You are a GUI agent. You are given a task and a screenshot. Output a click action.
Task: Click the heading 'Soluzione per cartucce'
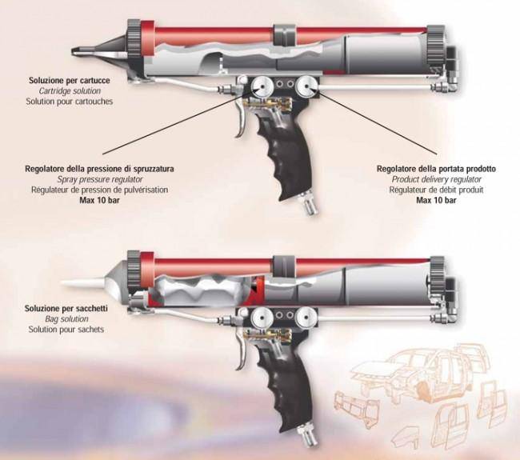coord(70,81)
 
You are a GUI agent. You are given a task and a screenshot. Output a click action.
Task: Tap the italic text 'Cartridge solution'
coord(70,91)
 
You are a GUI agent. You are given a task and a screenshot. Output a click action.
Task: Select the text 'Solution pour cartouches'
coord(70,101)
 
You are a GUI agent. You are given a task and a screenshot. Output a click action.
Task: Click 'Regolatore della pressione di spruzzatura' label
coord(99,169)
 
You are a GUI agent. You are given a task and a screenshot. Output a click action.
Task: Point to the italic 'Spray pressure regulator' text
coord(100,179)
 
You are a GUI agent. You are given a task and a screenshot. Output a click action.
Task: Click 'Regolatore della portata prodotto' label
coord(436,169)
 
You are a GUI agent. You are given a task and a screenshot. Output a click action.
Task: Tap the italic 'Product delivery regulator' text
coord(437,179)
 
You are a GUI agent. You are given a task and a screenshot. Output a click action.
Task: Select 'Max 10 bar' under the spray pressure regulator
coord(99,200)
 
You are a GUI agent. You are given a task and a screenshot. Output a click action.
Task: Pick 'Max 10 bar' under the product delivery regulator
coord(436,200)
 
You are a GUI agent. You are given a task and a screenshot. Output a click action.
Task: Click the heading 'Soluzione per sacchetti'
coord(66,309)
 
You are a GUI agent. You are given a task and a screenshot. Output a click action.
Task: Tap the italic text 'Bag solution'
coord(66,319)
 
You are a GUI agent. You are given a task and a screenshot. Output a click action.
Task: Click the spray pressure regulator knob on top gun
coord(262,86)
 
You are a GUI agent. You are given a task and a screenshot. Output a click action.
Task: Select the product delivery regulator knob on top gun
coord(308,86)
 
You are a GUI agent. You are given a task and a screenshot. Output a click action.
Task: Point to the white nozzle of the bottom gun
coord(83,282)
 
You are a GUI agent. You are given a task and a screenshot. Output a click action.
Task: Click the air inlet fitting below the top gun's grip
coord(308,204)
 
